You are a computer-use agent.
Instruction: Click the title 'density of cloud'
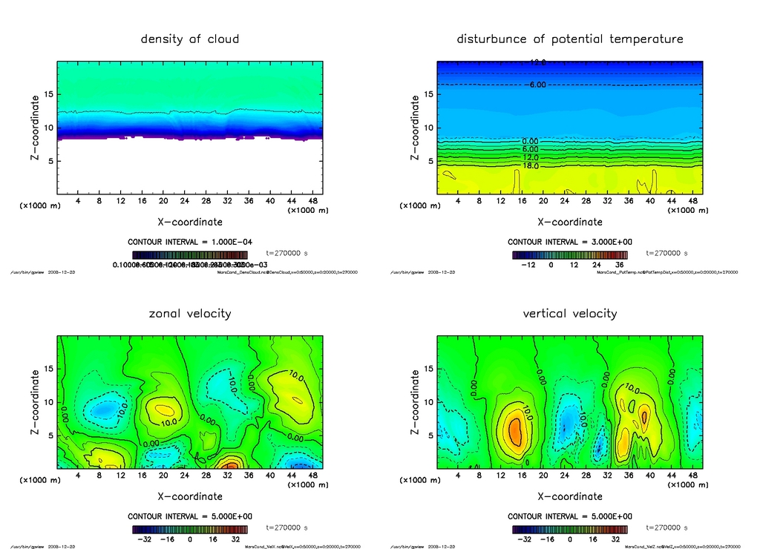pyautogui.click(x=190, y=39)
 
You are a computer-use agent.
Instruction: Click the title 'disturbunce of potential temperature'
pyautogui.click(x=569, y=39)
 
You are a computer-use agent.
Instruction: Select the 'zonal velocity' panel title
pyautogui.click(x=190, y=314)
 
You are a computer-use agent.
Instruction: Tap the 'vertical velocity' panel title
pyautogui.click(x=569, y=314)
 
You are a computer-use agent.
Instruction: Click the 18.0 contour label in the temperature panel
pyautogui.click(x=531, y=166)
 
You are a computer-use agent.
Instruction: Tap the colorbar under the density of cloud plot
pyautogui.click(x=190, y=254)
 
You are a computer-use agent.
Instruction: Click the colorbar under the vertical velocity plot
pyautogui.click(x=569, y=530)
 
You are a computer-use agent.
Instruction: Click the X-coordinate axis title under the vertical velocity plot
pyautogui.click(x=569, y=496)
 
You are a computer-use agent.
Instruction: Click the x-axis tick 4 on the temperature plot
pyautogui.click(x=458, y=201)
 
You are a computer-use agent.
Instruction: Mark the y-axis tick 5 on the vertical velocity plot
pyautogui.click(x=429, y=436)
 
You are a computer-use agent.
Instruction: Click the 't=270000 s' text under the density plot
pyautogui.click(x=286, y=253)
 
